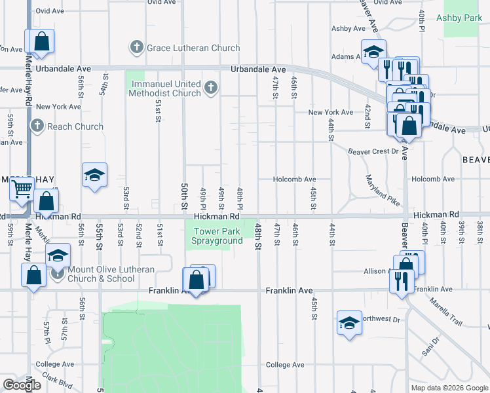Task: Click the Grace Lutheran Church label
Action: click(193, 48)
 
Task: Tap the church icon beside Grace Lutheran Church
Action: click(136, 47)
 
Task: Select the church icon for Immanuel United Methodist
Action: click(210, 88)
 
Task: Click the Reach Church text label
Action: click(75, 126)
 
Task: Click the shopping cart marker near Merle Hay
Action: click(22, 189)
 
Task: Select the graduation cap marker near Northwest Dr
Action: click(349, 322)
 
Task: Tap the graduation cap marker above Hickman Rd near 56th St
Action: click(94, 175)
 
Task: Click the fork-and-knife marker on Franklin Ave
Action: click(400, 280)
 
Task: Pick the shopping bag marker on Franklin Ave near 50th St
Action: click(197, 280)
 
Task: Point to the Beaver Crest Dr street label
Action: click(373, 151)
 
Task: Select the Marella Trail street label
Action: click(447, 311)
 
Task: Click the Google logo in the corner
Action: click(21, 385)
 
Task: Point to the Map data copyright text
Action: click(449, 388)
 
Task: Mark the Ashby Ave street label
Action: click(348, 29)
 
